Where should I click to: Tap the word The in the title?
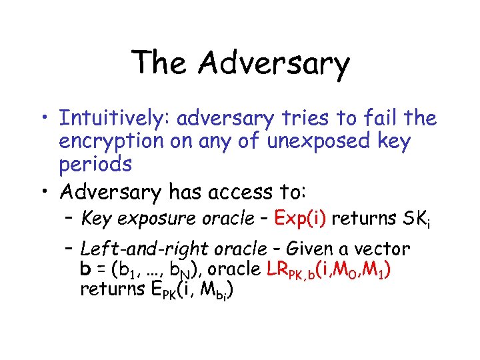point(158,63)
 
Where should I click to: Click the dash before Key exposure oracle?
point(69,218)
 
